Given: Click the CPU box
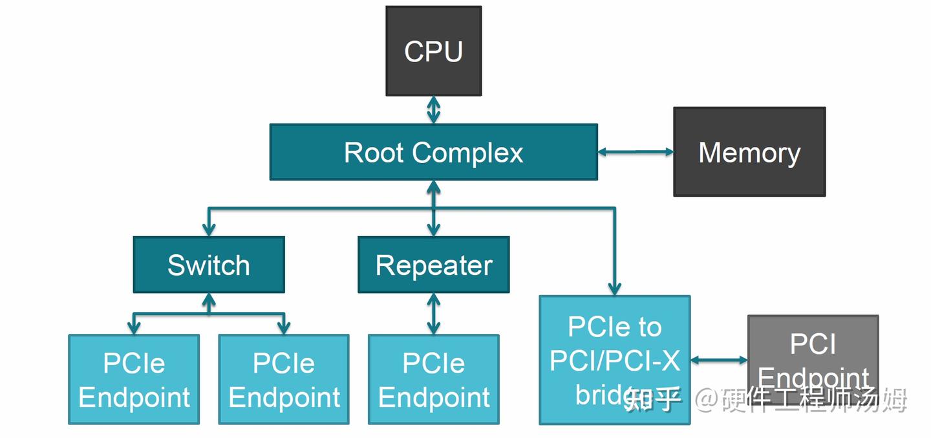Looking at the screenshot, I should (433, 51).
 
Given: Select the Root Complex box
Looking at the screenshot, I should (433, 153).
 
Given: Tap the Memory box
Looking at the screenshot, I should (749, 152).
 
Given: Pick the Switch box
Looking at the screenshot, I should (208, 265).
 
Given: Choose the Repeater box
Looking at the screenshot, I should (433, 265).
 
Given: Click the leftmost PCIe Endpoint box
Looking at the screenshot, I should (134, 379).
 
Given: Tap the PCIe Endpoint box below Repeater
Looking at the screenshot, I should (433, 379).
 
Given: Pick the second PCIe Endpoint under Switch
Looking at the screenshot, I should (284, 379).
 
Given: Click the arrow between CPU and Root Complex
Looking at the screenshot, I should (433, 110).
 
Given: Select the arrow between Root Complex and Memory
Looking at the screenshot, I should (635, 152).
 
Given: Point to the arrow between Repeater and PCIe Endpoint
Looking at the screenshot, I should (433, 314).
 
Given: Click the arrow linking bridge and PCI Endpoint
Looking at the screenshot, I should (718, 360).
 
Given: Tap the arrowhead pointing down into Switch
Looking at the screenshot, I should (208, 228).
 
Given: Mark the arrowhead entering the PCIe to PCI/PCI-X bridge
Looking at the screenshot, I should (614, 288).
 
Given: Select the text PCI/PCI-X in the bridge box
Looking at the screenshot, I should (614, 361).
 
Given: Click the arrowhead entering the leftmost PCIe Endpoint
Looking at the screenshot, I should (134, 327).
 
